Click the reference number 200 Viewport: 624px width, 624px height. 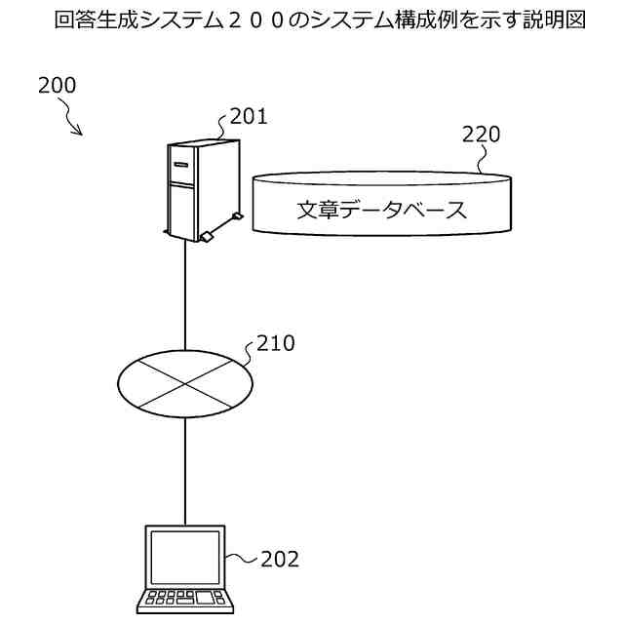57,85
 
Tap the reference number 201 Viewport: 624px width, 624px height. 249,117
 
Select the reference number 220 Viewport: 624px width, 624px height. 481,135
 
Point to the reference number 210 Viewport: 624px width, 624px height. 275,343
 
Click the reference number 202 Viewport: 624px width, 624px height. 280,560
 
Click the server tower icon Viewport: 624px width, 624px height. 198,188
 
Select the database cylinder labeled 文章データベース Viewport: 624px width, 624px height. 381,204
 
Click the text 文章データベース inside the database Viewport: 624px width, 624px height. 381,211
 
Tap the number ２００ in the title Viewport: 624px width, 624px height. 268,20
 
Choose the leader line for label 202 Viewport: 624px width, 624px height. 242,560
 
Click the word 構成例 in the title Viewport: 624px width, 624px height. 428,20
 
